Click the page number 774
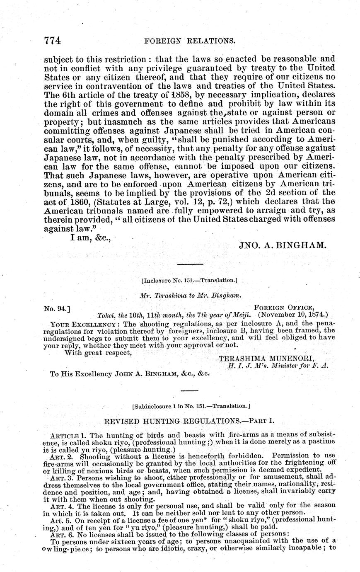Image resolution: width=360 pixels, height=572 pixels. point(53,40)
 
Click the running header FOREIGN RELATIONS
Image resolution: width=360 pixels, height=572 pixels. point(189,41)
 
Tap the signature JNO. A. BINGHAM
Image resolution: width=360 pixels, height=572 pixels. point(283,245)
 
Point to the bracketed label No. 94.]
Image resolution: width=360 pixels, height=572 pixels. point(56,308)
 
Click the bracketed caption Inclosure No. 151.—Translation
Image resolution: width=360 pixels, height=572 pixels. point(189,281)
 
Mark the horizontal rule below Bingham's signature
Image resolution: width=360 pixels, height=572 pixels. point(190,264)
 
